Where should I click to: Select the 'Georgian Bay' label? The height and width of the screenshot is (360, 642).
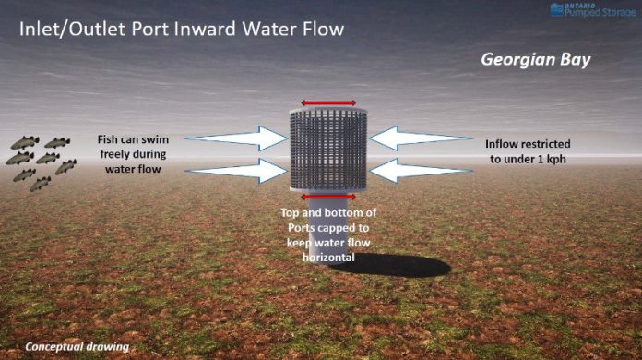[x=534, y=60]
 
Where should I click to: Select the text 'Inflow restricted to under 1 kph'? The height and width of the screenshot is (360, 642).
[x=528, y=151]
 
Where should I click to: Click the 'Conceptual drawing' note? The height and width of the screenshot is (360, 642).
[x=77, y=347]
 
